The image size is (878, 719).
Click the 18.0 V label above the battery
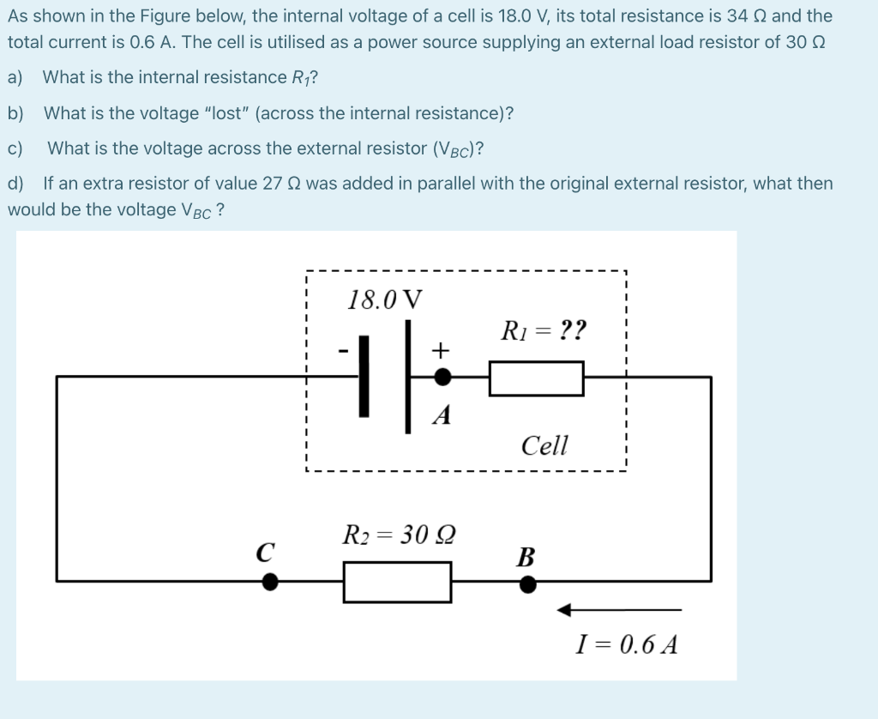(385, 300)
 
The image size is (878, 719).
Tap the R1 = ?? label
(544, 329)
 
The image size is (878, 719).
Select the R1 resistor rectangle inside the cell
(536, 378)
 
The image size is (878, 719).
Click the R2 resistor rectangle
(397, 582)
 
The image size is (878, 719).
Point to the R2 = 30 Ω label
(399, 535)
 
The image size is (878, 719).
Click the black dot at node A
(442, 377)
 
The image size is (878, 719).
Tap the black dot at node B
(528, 584)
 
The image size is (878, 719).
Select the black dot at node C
(270, 583)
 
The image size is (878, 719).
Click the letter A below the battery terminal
(442, 416)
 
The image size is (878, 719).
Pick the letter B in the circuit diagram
(526, 558)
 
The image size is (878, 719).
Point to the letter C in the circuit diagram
(266, 550)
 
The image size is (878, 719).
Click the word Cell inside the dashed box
(544, 445)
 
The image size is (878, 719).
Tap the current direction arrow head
(564, 610)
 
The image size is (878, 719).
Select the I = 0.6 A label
(626, 644)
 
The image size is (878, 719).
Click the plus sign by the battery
(440, 350)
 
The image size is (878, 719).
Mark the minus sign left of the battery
(343, 351)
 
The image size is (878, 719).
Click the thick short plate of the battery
(365, 377)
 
